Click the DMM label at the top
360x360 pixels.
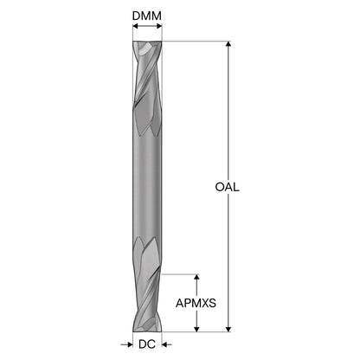click(x=147, y=16)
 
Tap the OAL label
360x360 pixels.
click(x=228, y=187)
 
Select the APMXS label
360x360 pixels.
click(x=196, y=303)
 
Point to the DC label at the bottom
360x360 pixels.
click(x=147, y=344)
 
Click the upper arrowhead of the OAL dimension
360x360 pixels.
click(x=228, y=44)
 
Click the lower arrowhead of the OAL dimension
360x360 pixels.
click(x=228, y=329)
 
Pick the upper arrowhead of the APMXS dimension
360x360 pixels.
click(x=196, y=277)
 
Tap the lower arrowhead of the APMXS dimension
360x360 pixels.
click(x=196, y=329)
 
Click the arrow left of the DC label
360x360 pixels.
click(x=126, y=344)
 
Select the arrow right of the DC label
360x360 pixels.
click(x=167, y=344)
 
